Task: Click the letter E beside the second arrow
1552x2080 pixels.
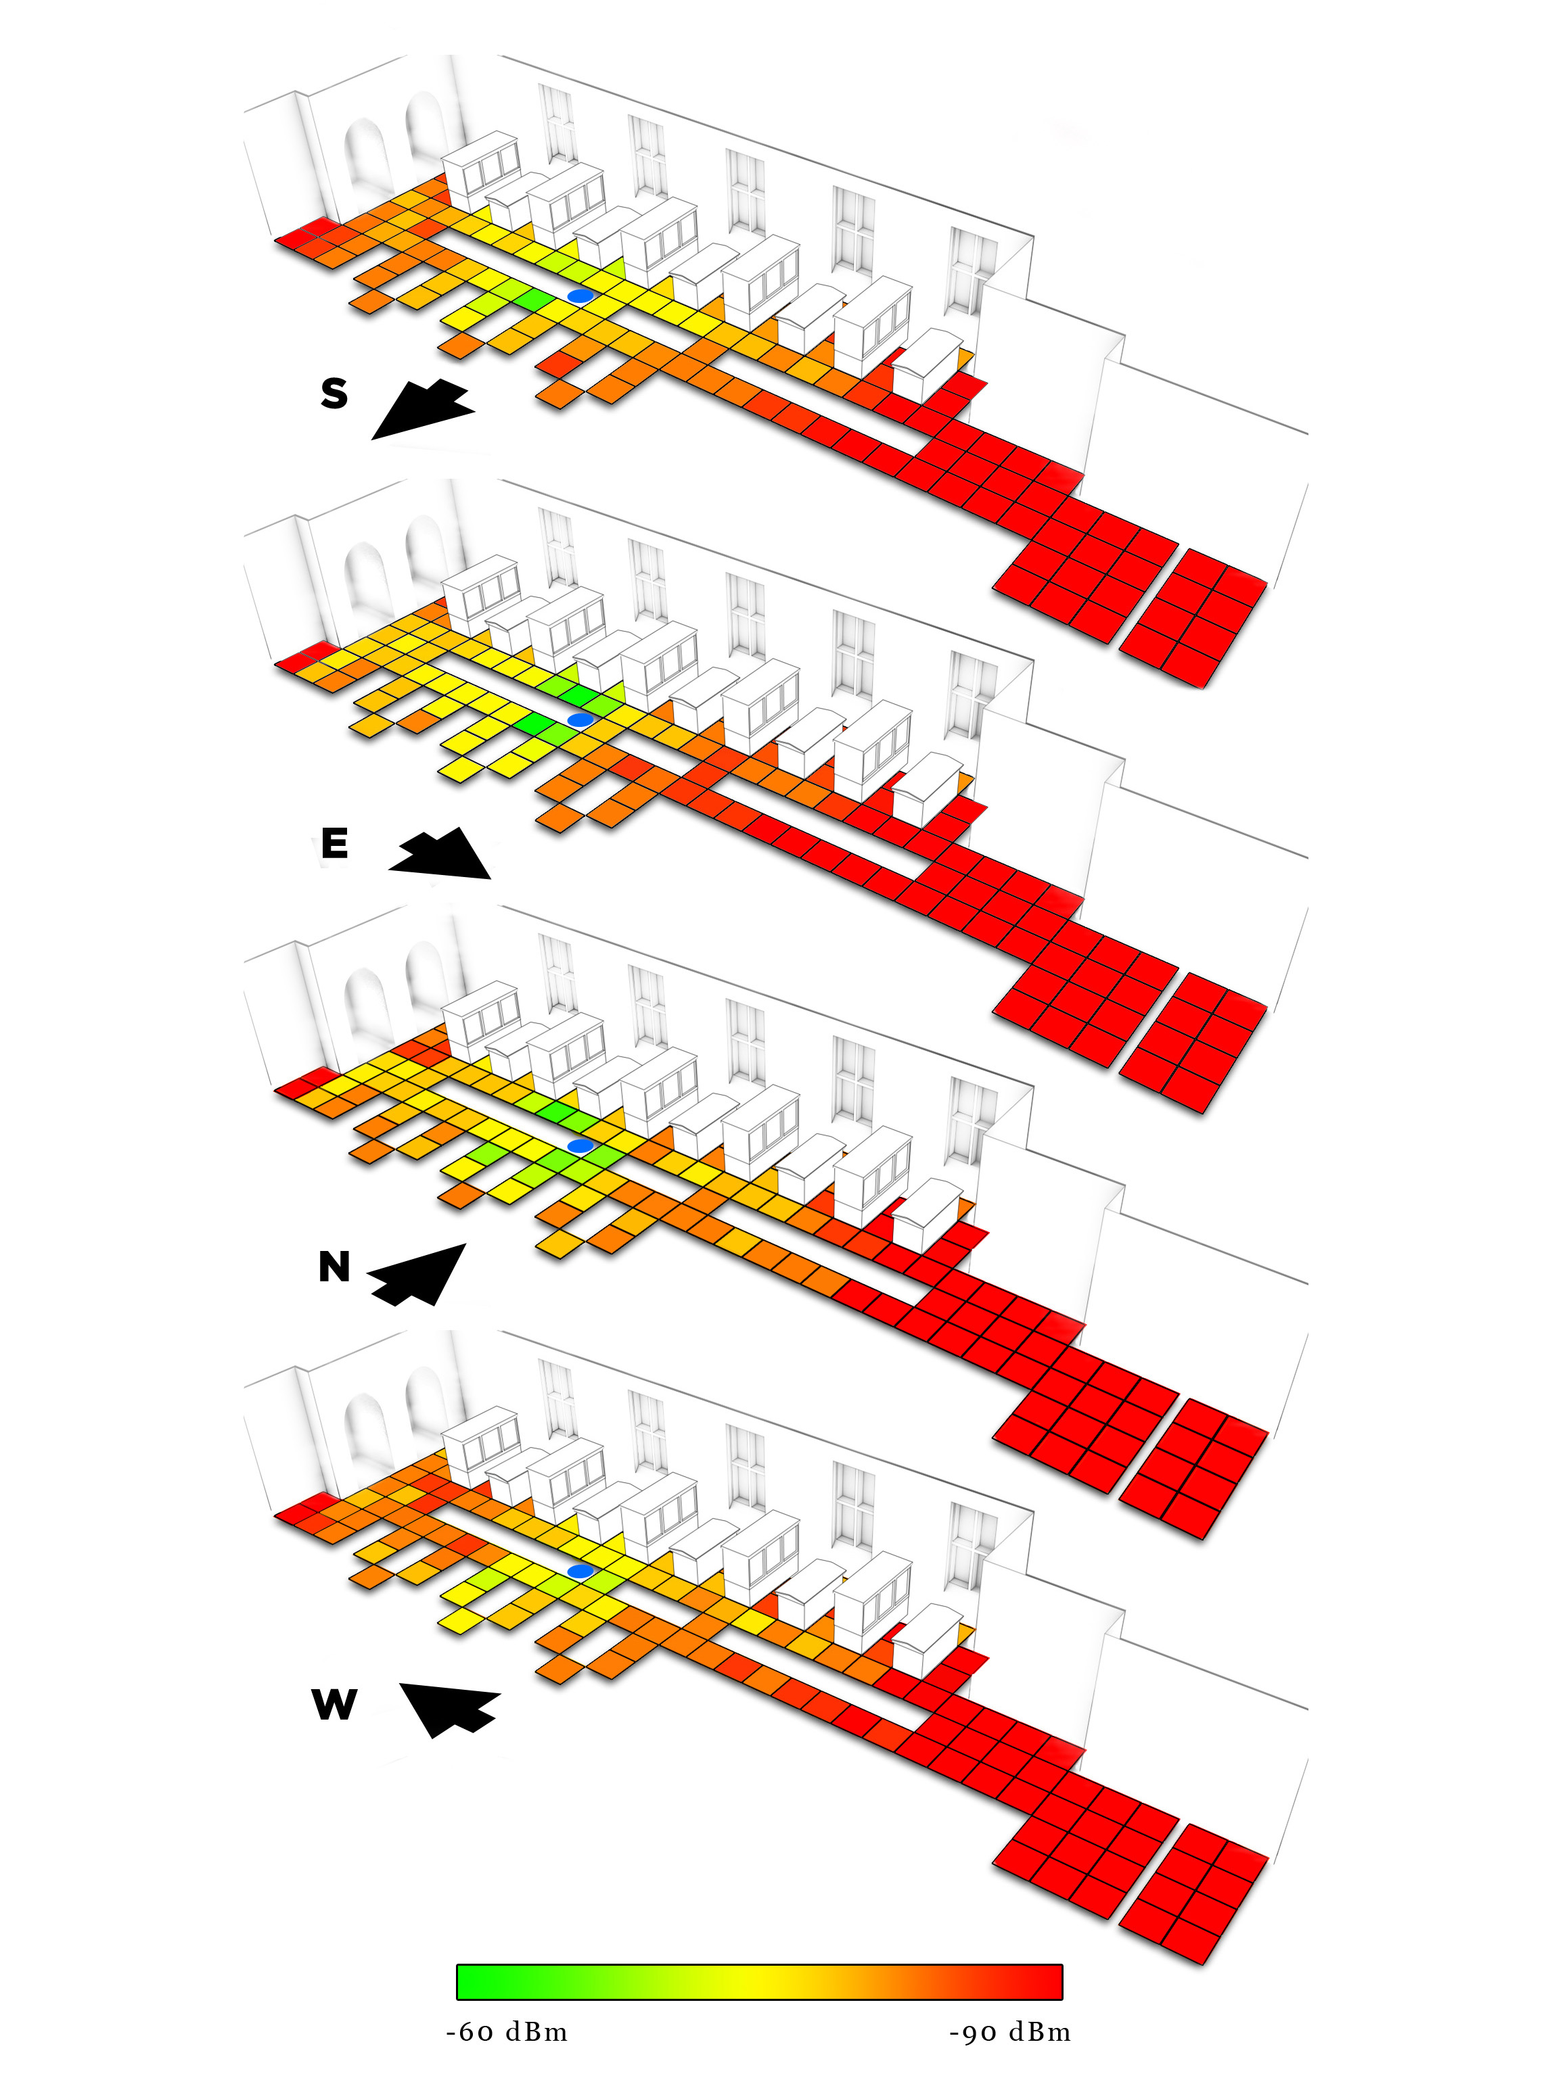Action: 334,843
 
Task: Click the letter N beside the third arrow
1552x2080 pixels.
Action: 334,1267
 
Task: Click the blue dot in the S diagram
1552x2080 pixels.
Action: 580,295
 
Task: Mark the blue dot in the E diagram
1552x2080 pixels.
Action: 580,719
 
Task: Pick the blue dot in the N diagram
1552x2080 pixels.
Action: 580,1145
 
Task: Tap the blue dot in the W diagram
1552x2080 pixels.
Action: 580,1571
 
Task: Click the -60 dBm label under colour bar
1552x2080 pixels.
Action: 507,2033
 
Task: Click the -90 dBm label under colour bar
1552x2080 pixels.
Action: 1010,2033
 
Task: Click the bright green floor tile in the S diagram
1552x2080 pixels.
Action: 532,300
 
